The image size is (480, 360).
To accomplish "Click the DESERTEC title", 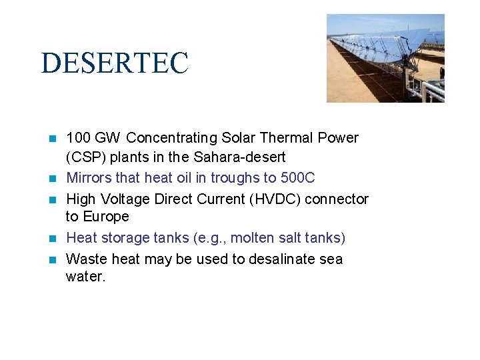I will [x=115, y=63].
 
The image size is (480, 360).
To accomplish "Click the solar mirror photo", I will [x=385, y=58].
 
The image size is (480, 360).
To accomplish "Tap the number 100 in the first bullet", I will [x=79, y=138].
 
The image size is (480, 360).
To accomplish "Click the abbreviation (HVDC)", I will [x=275, y=199].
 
